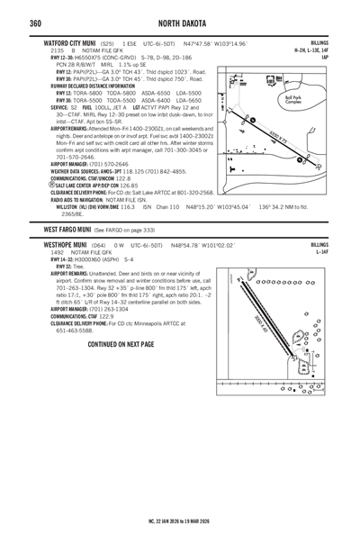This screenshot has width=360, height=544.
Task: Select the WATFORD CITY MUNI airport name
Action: tap(72, 43)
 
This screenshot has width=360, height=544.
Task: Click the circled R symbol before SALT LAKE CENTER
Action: tap(47, 184)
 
